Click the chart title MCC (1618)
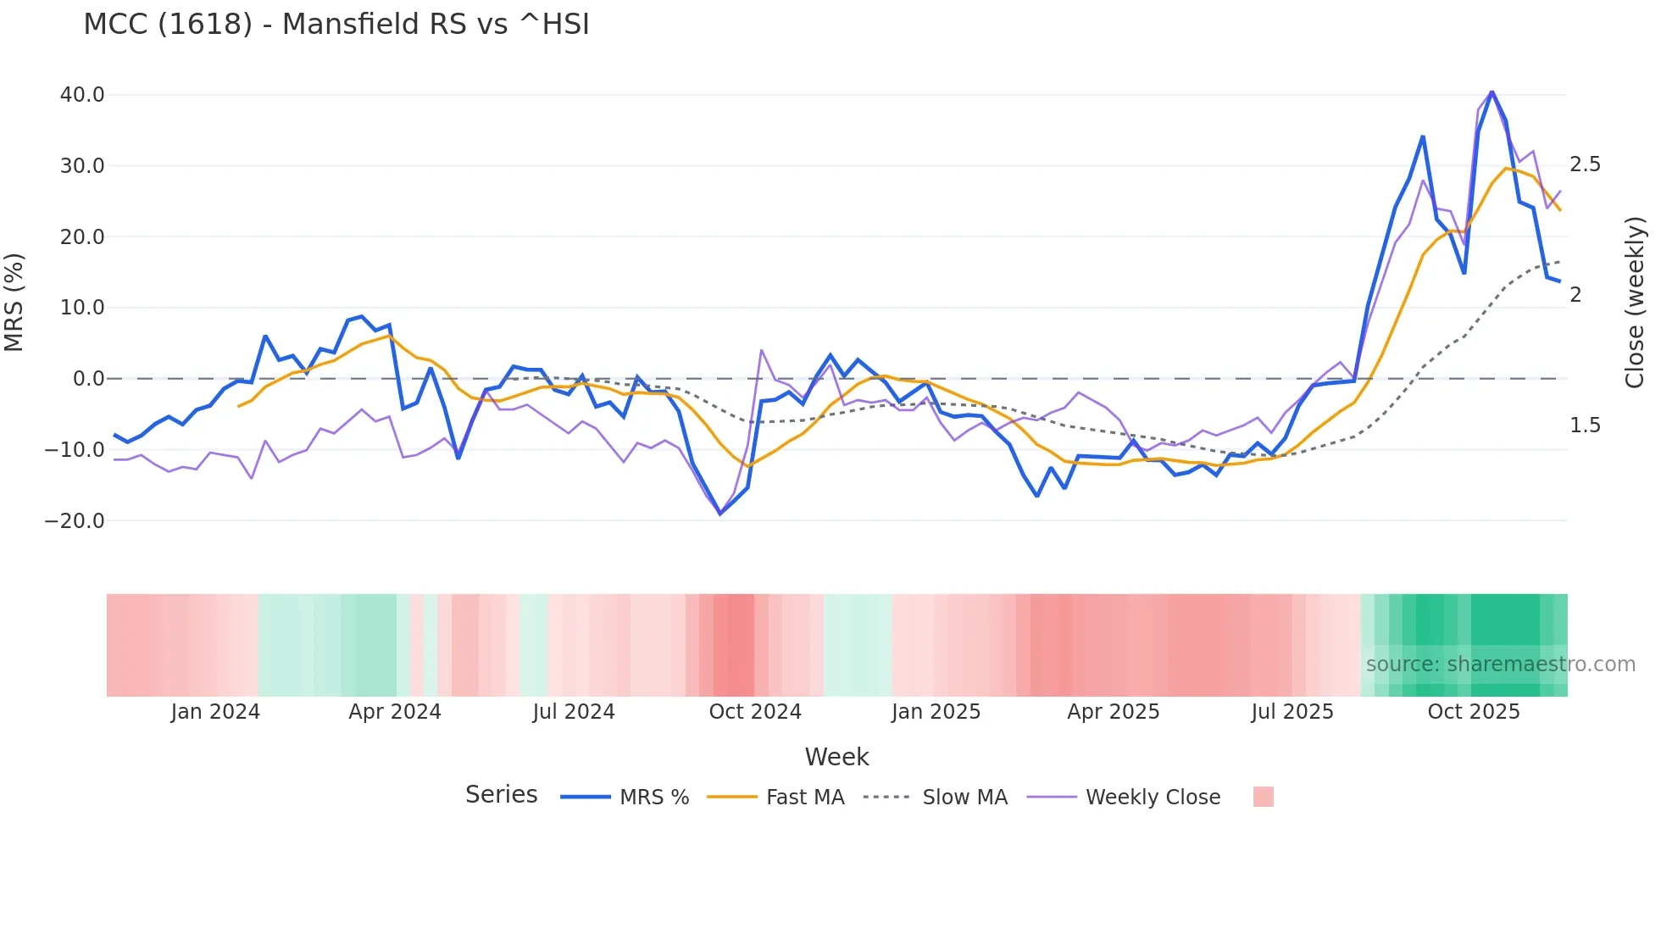[x=336, y=25]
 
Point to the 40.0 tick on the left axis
[x=82, y=95]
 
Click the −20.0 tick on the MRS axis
[x=75, y=521]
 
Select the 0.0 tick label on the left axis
[x=88, y=379]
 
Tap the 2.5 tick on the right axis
[x=1585, y=164]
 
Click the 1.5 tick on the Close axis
[x=1585, y=425]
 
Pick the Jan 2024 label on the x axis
[x=215, y=712]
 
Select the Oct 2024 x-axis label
[x=755, y=712]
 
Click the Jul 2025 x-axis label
[x=1292, y=712]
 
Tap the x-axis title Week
[x=836, y=757]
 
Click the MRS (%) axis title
[x=14, y=303]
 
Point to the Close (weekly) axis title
[x=1635, y=303]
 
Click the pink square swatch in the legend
[x=1263, y=797]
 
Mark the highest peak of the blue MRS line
[x=1492, y=92]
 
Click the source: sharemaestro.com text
[x=1500, y=664]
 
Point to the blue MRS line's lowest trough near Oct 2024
[x=720, y=514]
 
